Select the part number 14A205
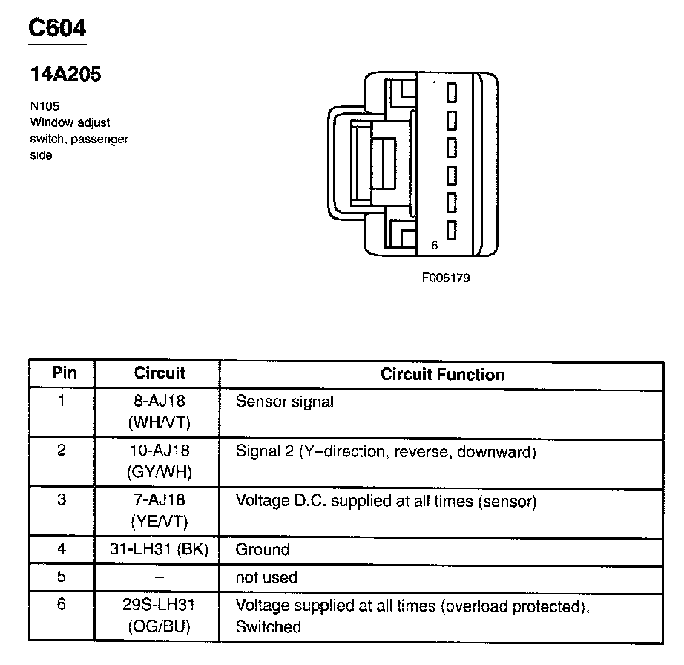pyautogui.click(x=65, y=74)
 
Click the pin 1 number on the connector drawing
pyautogui.click(x=435, y=85)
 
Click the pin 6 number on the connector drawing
pyautogui.click(x=435, y=244)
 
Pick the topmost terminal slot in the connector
pyautogui.click(x=450, y=93)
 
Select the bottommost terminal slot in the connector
pyautogui.click(x=450, y=231)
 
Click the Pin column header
pyautogui.click(x=64, y=373)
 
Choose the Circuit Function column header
pyautogui.click(x=442, y=374)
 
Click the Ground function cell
pyautogui.click(x=262, y=550)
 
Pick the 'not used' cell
pyautogui.click(x=266, y=577)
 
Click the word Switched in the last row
pyautogui.click(x=268, y=627)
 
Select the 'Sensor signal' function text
pyautogui.click(x=285, y=402)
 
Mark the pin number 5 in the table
pyautogui.click(x=62, y=577)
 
